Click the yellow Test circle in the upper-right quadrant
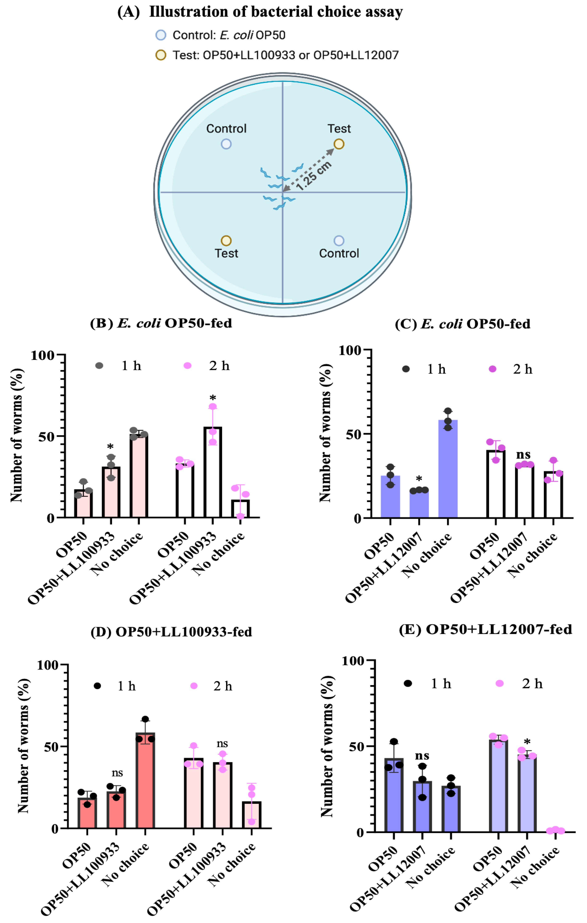(339, 144)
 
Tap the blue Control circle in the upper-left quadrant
(226, 144)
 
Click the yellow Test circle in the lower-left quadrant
(226, 241)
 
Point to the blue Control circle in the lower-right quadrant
(339, 241)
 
